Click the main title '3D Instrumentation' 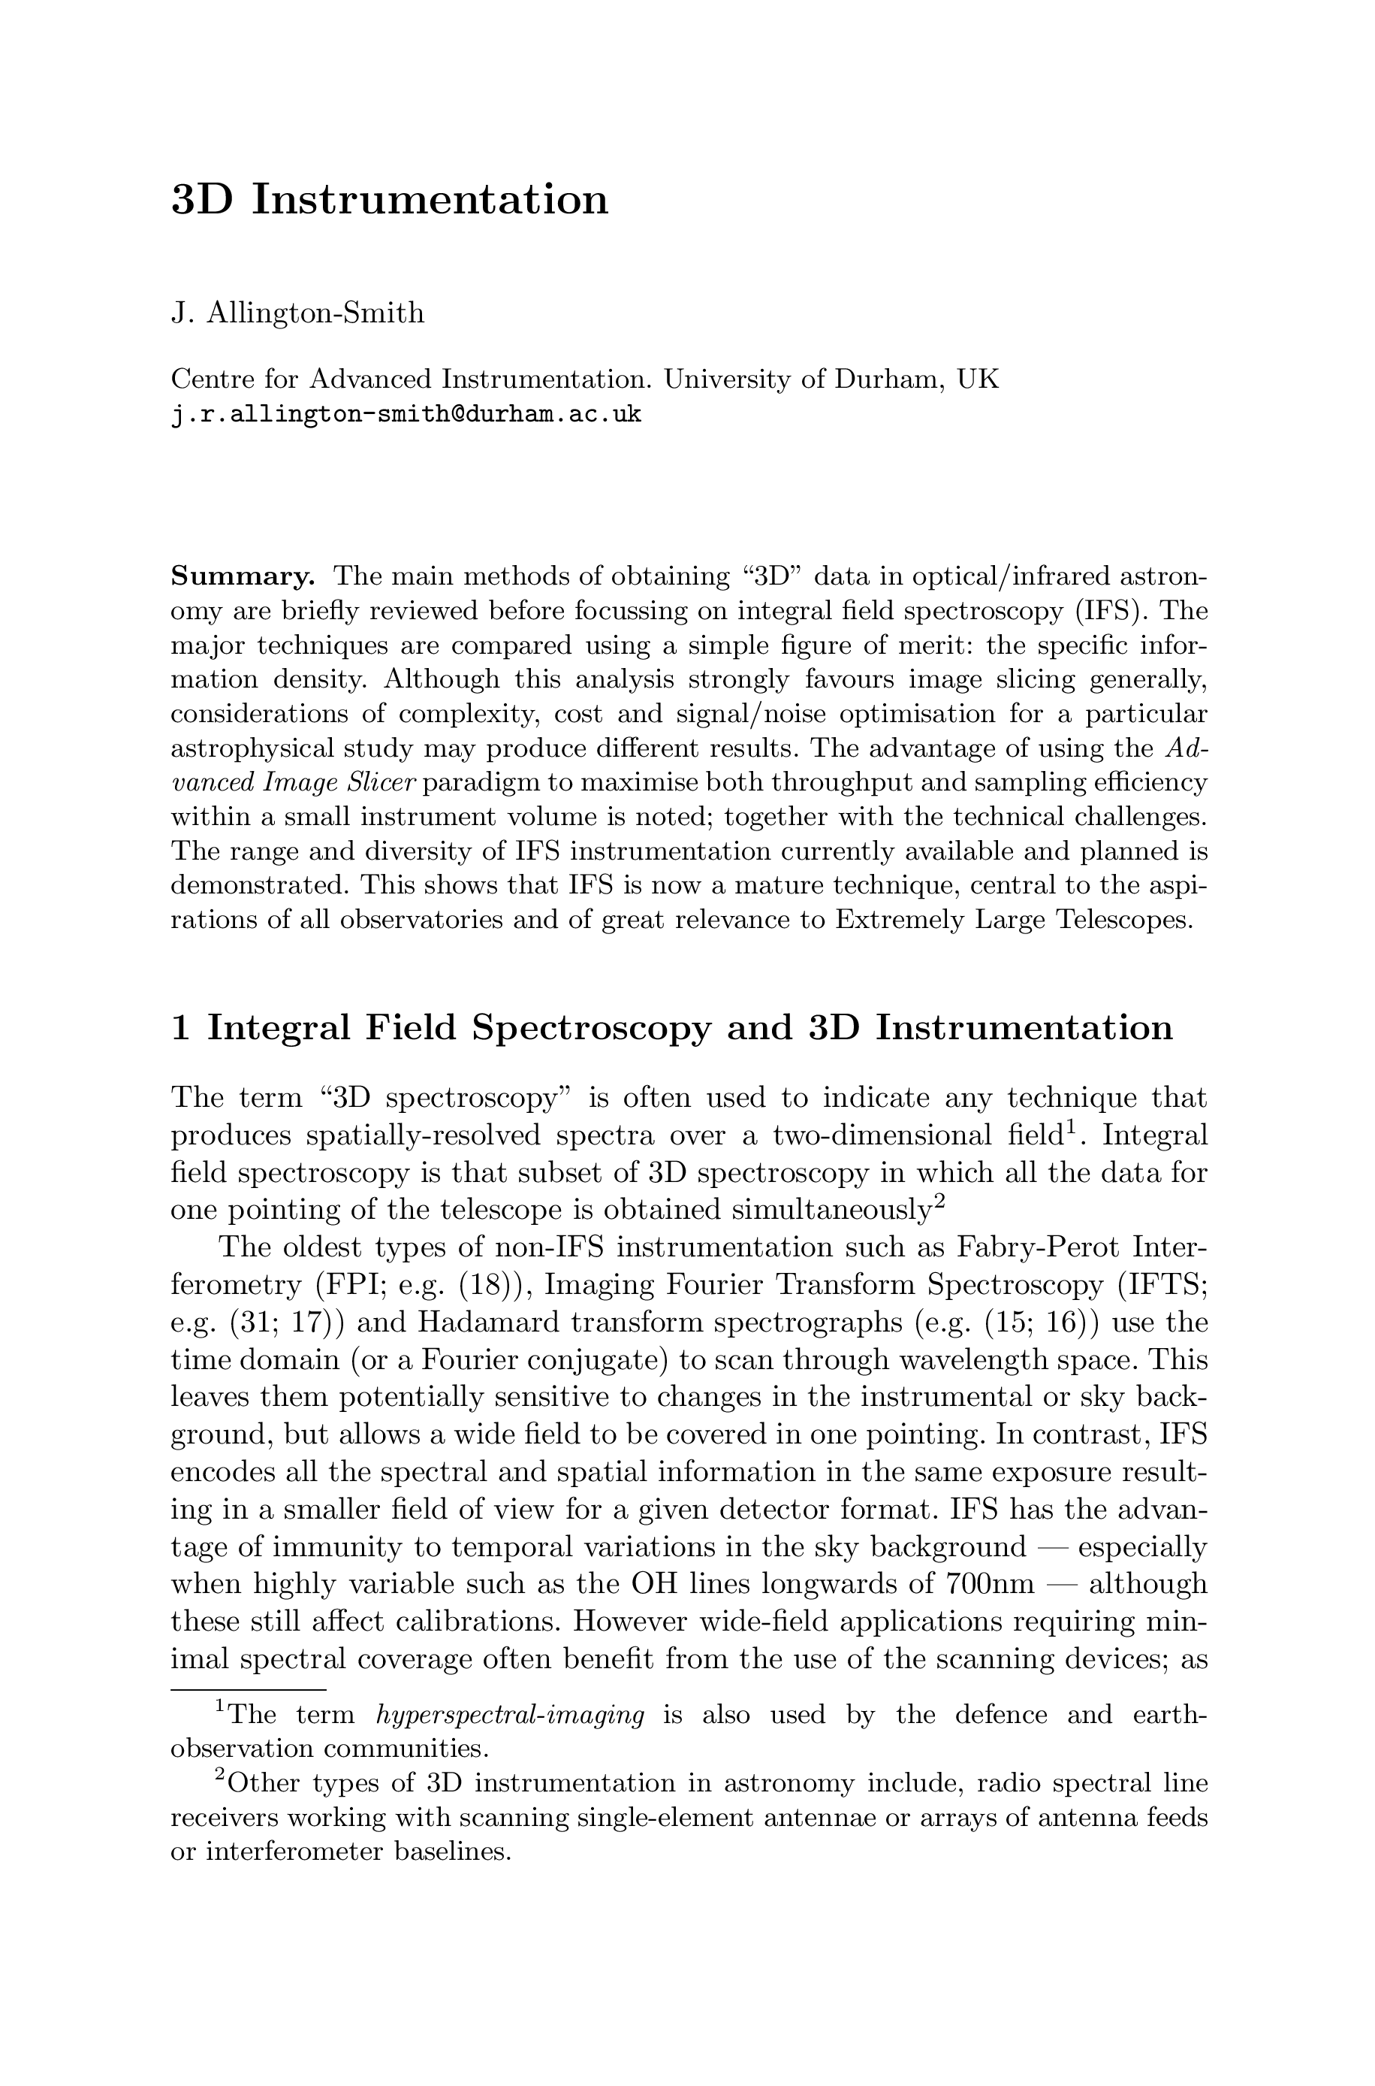coord(388,200)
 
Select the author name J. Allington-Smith coord(297,313)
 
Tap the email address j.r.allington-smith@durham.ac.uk coord(406,415)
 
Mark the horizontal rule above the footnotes coord(248,1689)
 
